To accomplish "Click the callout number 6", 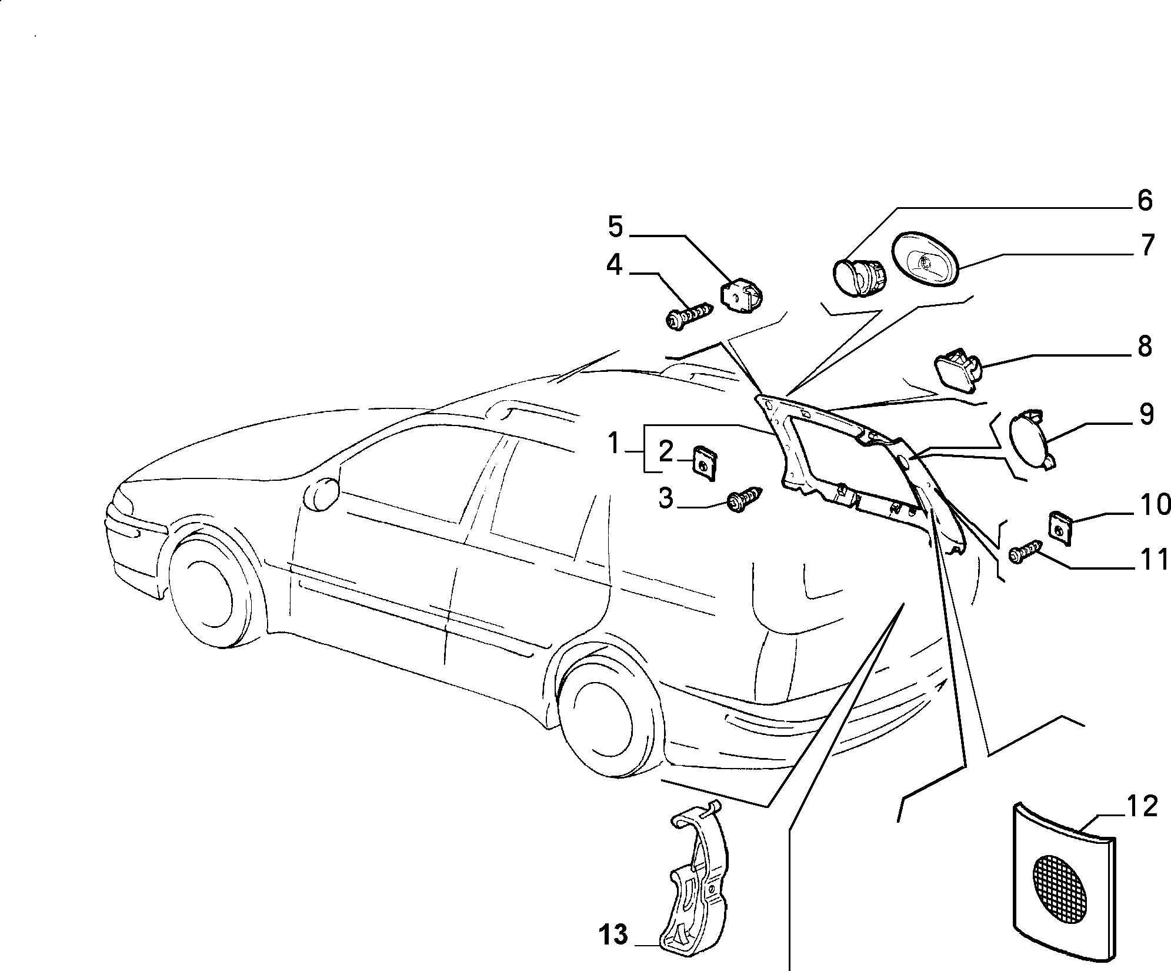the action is point(1144,201).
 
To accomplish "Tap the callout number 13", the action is point(613,935).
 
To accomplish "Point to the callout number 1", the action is point(613,443).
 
